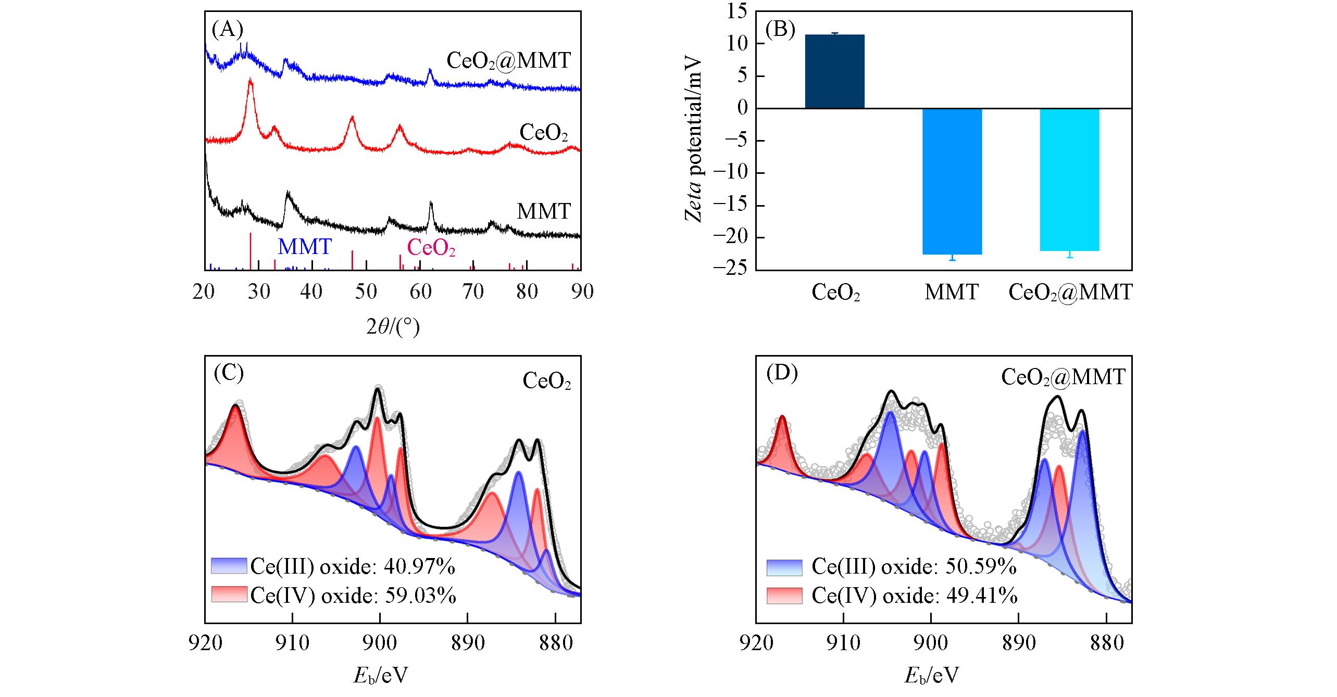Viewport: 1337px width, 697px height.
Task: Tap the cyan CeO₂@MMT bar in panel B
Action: pyautogui.click(x=1069, y=180)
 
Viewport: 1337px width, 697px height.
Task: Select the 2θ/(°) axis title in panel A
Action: pyautogui.click(x=393, y=326)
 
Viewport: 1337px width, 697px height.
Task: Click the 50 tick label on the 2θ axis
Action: pyautogui.click(x=366, y=292)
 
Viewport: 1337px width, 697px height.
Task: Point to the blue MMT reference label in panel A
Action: pyautogui.click(x=305, y=246)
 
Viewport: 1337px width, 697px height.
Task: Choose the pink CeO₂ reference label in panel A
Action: pyautogui.click(x=431, y=248)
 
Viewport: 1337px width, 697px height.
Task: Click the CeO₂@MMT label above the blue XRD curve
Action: pyautogui.click(x=509, y=61)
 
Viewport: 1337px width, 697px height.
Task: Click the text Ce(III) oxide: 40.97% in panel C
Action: pyautogui.click(x=353, y=566)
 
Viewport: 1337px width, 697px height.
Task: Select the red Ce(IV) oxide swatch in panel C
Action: pyautogui.click(x=229, y=594)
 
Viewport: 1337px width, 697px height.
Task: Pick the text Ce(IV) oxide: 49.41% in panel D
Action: pyautogui.click(x=914, y=595)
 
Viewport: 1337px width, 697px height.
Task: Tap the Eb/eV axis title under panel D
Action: pyautogui.click(x=931, y=676)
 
